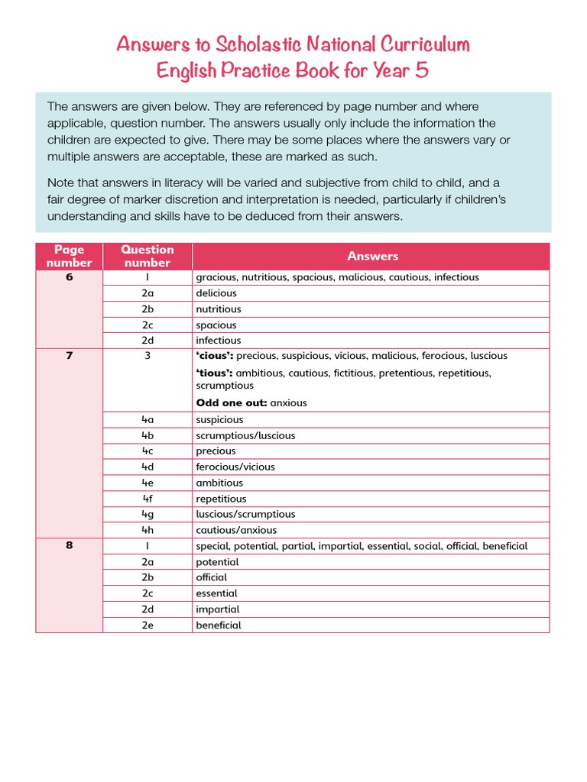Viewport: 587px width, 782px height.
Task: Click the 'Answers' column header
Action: click(372, 257)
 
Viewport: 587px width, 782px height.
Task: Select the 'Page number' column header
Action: click(69, 257)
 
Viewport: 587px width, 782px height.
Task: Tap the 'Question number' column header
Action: click(148, 257)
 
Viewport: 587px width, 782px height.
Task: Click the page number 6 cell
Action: click(70, 277)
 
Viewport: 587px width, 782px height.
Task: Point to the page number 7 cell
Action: click(70, 356)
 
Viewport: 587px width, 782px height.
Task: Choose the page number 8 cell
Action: click(70, 546)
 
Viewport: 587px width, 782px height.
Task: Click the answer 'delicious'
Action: click(216, 293)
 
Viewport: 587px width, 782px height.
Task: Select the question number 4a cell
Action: click(148, 419)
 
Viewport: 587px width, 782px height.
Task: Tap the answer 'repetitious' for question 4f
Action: click(221, 499)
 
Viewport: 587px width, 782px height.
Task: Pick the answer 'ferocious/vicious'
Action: click(235, 467)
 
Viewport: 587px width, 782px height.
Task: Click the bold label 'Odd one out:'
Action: click(232, 402)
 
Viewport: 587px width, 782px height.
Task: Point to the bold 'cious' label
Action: click(215, 356)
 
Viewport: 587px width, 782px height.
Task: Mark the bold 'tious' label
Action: click(215, 373)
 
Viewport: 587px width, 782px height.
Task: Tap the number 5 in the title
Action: click(421, 71)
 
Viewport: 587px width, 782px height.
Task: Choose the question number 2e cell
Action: click(148, 625)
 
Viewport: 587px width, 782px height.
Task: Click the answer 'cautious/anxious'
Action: click(236, 530)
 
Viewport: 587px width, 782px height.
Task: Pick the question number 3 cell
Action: click(148, 356)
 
